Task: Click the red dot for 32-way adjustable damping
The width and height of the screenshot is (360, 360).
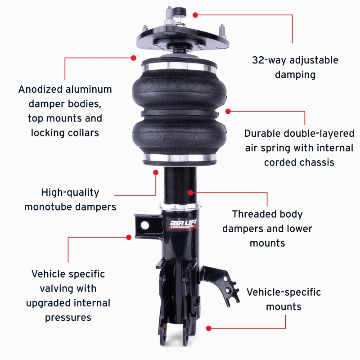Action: coord(195,15)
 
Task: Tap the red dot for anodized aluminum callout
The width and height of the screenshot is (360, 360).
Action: coord(134,58)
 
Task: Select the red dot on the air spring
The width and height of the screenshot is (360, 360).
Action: coord(228,111)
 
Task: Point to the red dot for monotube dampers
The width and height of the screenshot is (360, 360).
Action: coord(156,171)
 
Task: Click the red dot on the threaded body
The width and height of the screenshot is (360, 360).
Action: coord(190,193)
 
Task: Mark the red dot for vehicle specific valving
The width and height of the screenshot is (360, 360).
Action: coord(129,237)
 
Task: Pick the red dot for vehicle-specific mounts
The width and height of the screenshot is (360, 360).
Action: coord(208,328)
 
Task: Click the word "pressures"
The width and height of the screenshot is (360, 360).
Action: coord(68,318)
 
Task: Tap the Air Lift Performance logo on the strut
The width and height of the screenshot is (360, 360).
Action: coord(182,224)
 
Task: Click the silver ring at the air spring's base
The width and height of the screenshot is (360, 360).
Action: coord(179,158)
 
